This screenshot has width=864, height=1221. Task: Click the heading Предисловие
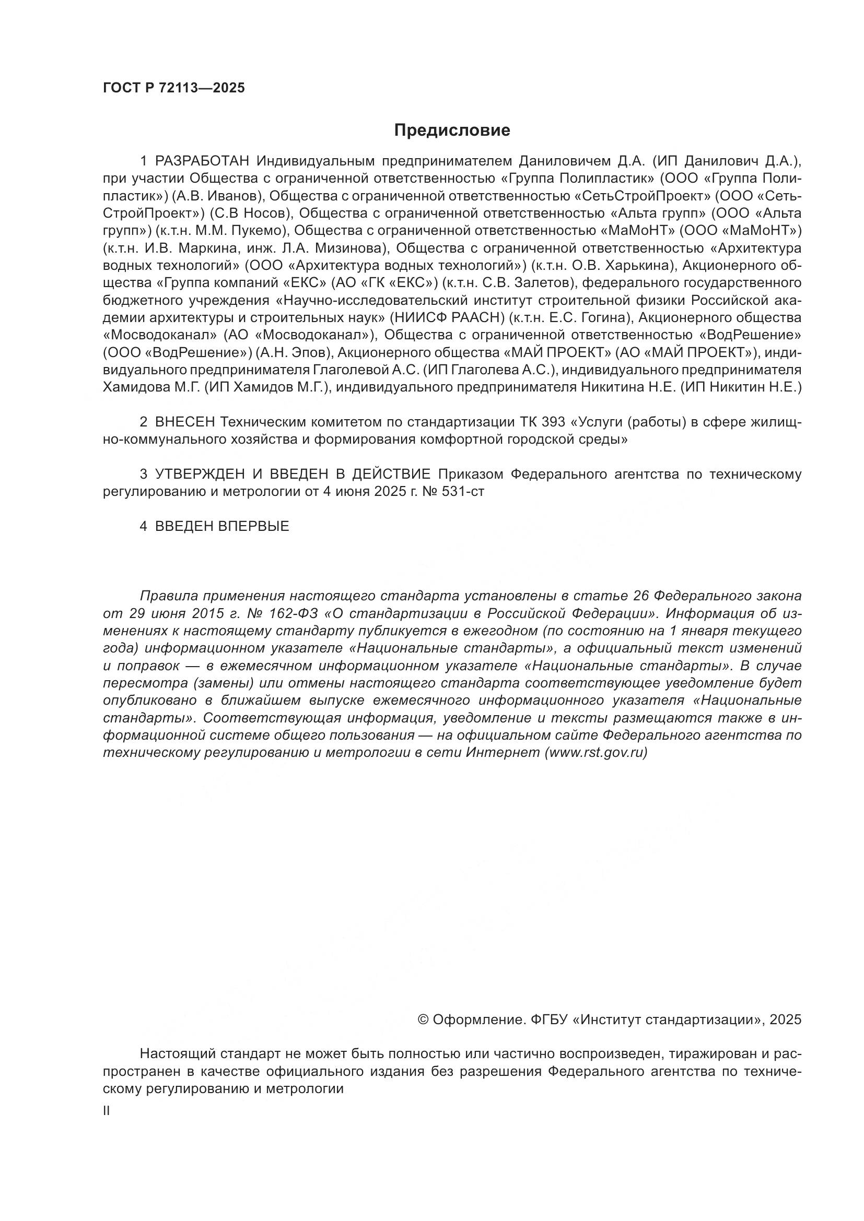452,131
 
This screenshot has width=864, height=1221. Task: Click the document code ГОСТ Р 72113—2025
174,88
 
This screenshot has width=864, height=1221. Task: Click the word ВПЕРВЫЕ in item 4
254,527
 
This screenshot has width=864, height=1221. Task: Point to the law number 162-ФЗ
294,613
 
